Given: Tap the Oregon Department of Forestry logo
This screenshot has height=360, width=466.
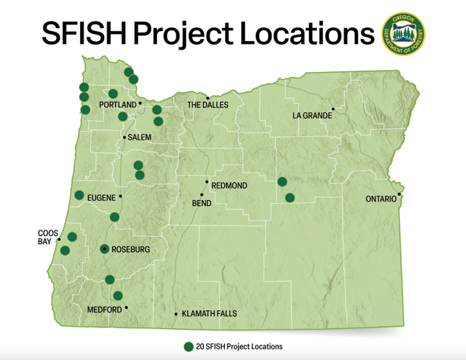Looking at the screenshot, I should click(403, 33).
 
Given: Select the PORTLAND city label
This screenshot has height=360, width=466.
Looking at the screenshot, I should click(117, 104).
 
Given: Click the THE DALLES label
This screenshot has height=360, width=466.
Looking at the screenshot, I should click(207, 105).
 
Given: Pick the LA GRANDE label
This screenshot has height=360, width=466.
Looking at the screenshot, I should click(312, 115).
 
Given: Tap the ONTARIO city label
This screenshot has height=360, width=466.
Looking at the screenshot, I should click(381, 199).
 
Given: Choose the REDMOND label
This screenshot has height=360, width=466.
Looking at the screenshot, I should click(229, 186).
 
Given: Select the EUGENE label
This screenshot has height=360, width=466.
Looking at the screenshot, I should click(101, 197).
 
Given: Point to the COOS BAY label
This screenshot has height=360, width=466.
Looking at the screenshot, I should click(48, 237).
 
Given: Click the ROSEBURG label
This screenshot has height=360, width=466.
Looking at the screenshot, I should click(130, 250).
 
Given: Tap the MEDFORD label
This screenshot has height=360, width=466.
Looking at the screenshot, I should click(104, 310).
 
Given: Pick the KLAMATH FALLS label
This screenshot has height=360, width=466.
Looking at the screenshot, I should click(209, 314).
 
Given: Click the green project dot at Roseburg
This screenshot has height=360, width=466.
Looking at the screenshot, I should click(105, 249).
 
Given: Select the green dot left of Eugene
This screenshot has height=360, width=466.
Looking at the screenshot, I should click(79, 195).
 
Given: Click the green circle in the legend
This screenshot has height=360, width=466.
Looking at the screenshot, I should click(189, 346).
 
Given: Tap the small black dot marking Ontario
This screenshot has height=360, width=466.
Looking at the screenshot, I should click(399, 194).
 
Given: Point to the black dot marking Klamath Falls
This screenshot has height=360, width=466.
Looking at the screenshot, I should click(176, 314).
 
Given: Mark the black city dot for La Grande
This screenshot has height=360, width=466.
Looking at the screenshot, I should click(333, 109).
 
